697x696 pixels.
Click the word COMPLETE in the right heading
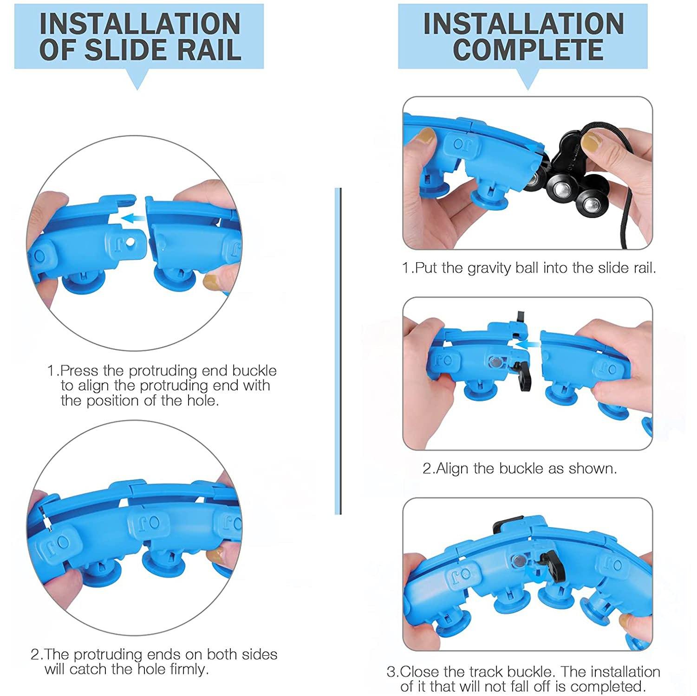point(528,50)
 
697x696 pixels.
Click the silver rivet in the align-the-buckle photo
point(495,362)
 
